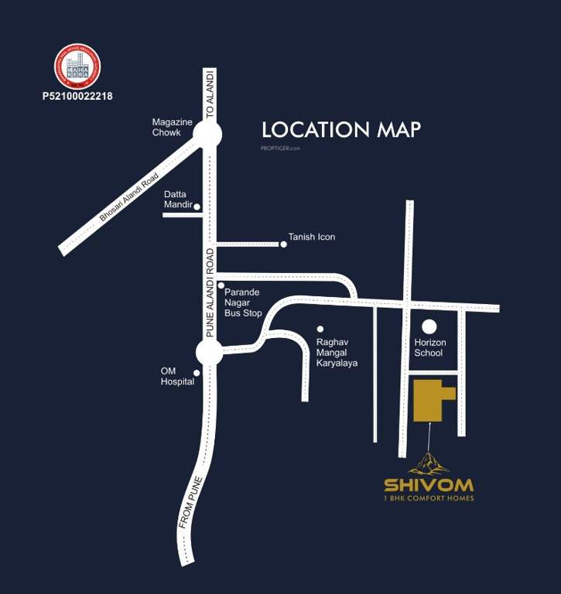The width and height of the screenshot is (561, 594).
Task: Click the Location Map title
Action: [341, 129]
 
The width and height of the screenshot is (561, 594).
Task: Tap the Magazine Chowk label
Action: [166, 128]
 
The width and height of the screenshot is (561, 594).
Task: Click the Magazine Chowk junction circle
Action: [207, 135]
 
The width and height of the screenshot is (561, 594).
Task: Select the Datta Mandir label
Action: [176, 200]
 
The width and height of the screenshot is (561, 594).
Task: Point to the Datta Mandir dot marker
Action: [197, 207]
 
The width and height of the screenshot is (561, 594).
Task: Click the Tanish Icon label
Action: [312, 237]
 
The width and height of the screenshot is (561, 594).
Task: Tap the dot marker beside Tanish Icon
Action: [283, 244]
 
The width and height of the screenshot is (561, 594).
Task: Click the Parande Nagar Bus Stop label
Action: [242, 302]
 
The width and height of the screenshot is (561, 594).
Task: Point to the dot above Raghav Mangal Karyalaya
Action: [320, 329]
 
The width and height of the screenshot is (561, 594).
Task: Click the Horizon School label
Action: [429, 348]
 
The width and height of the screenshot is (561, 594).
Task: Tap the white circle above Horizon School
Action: [429, 326]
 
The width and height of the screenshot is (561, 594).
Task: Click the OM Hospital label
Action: [177, 376]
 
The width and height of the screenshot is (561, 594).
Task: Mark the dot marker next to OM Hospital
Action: [197, 373]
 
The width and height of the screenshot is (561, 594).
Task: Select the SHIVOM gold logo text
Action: [429, 486]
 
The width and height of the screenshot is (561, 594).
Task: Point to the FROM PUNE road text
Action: [190, 502]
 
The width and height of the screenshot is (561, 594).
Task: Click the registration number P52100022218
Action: [77, 97]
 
